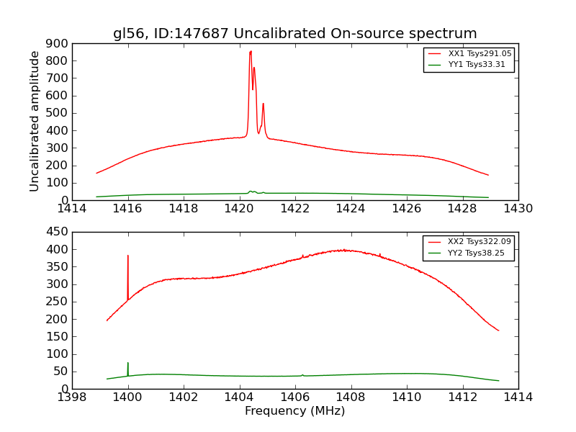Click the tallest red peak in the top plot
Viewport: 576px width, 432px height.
pos(251,52)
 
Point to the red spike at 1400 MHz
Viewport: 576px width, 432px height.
pos(128,256)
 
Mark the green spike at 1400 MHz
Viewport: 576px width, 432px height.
pos(128,364)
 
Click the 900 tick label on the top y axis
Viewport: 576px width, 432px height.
pos(58,43)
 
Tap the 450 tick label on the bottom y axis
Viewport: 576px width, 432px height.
pos(58,232)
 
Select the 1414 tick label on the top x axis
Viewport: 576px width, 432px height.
pos(72,209)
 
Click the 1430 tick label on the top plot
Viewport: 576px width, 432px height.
pos(518,209)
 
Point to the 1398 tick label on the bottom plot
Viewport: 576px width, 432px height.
pos(72,397)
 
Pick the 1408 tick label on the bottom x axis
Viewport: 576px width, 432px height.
pos(351,397)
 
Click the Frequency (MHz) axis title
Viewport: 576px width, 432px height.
pos(295,411)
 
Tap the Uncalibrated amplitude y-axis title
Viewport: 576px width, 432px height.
pos(35,121)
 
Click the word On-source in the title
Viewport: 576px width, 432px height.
pos(359,34)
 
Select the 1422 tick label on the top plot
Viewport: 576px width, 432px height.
pos(295,209)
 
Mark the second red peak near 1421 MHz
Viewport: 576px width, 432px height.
pos(263,104)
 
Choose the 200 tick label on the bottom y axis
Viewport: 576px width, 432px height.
pos(58,319)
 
